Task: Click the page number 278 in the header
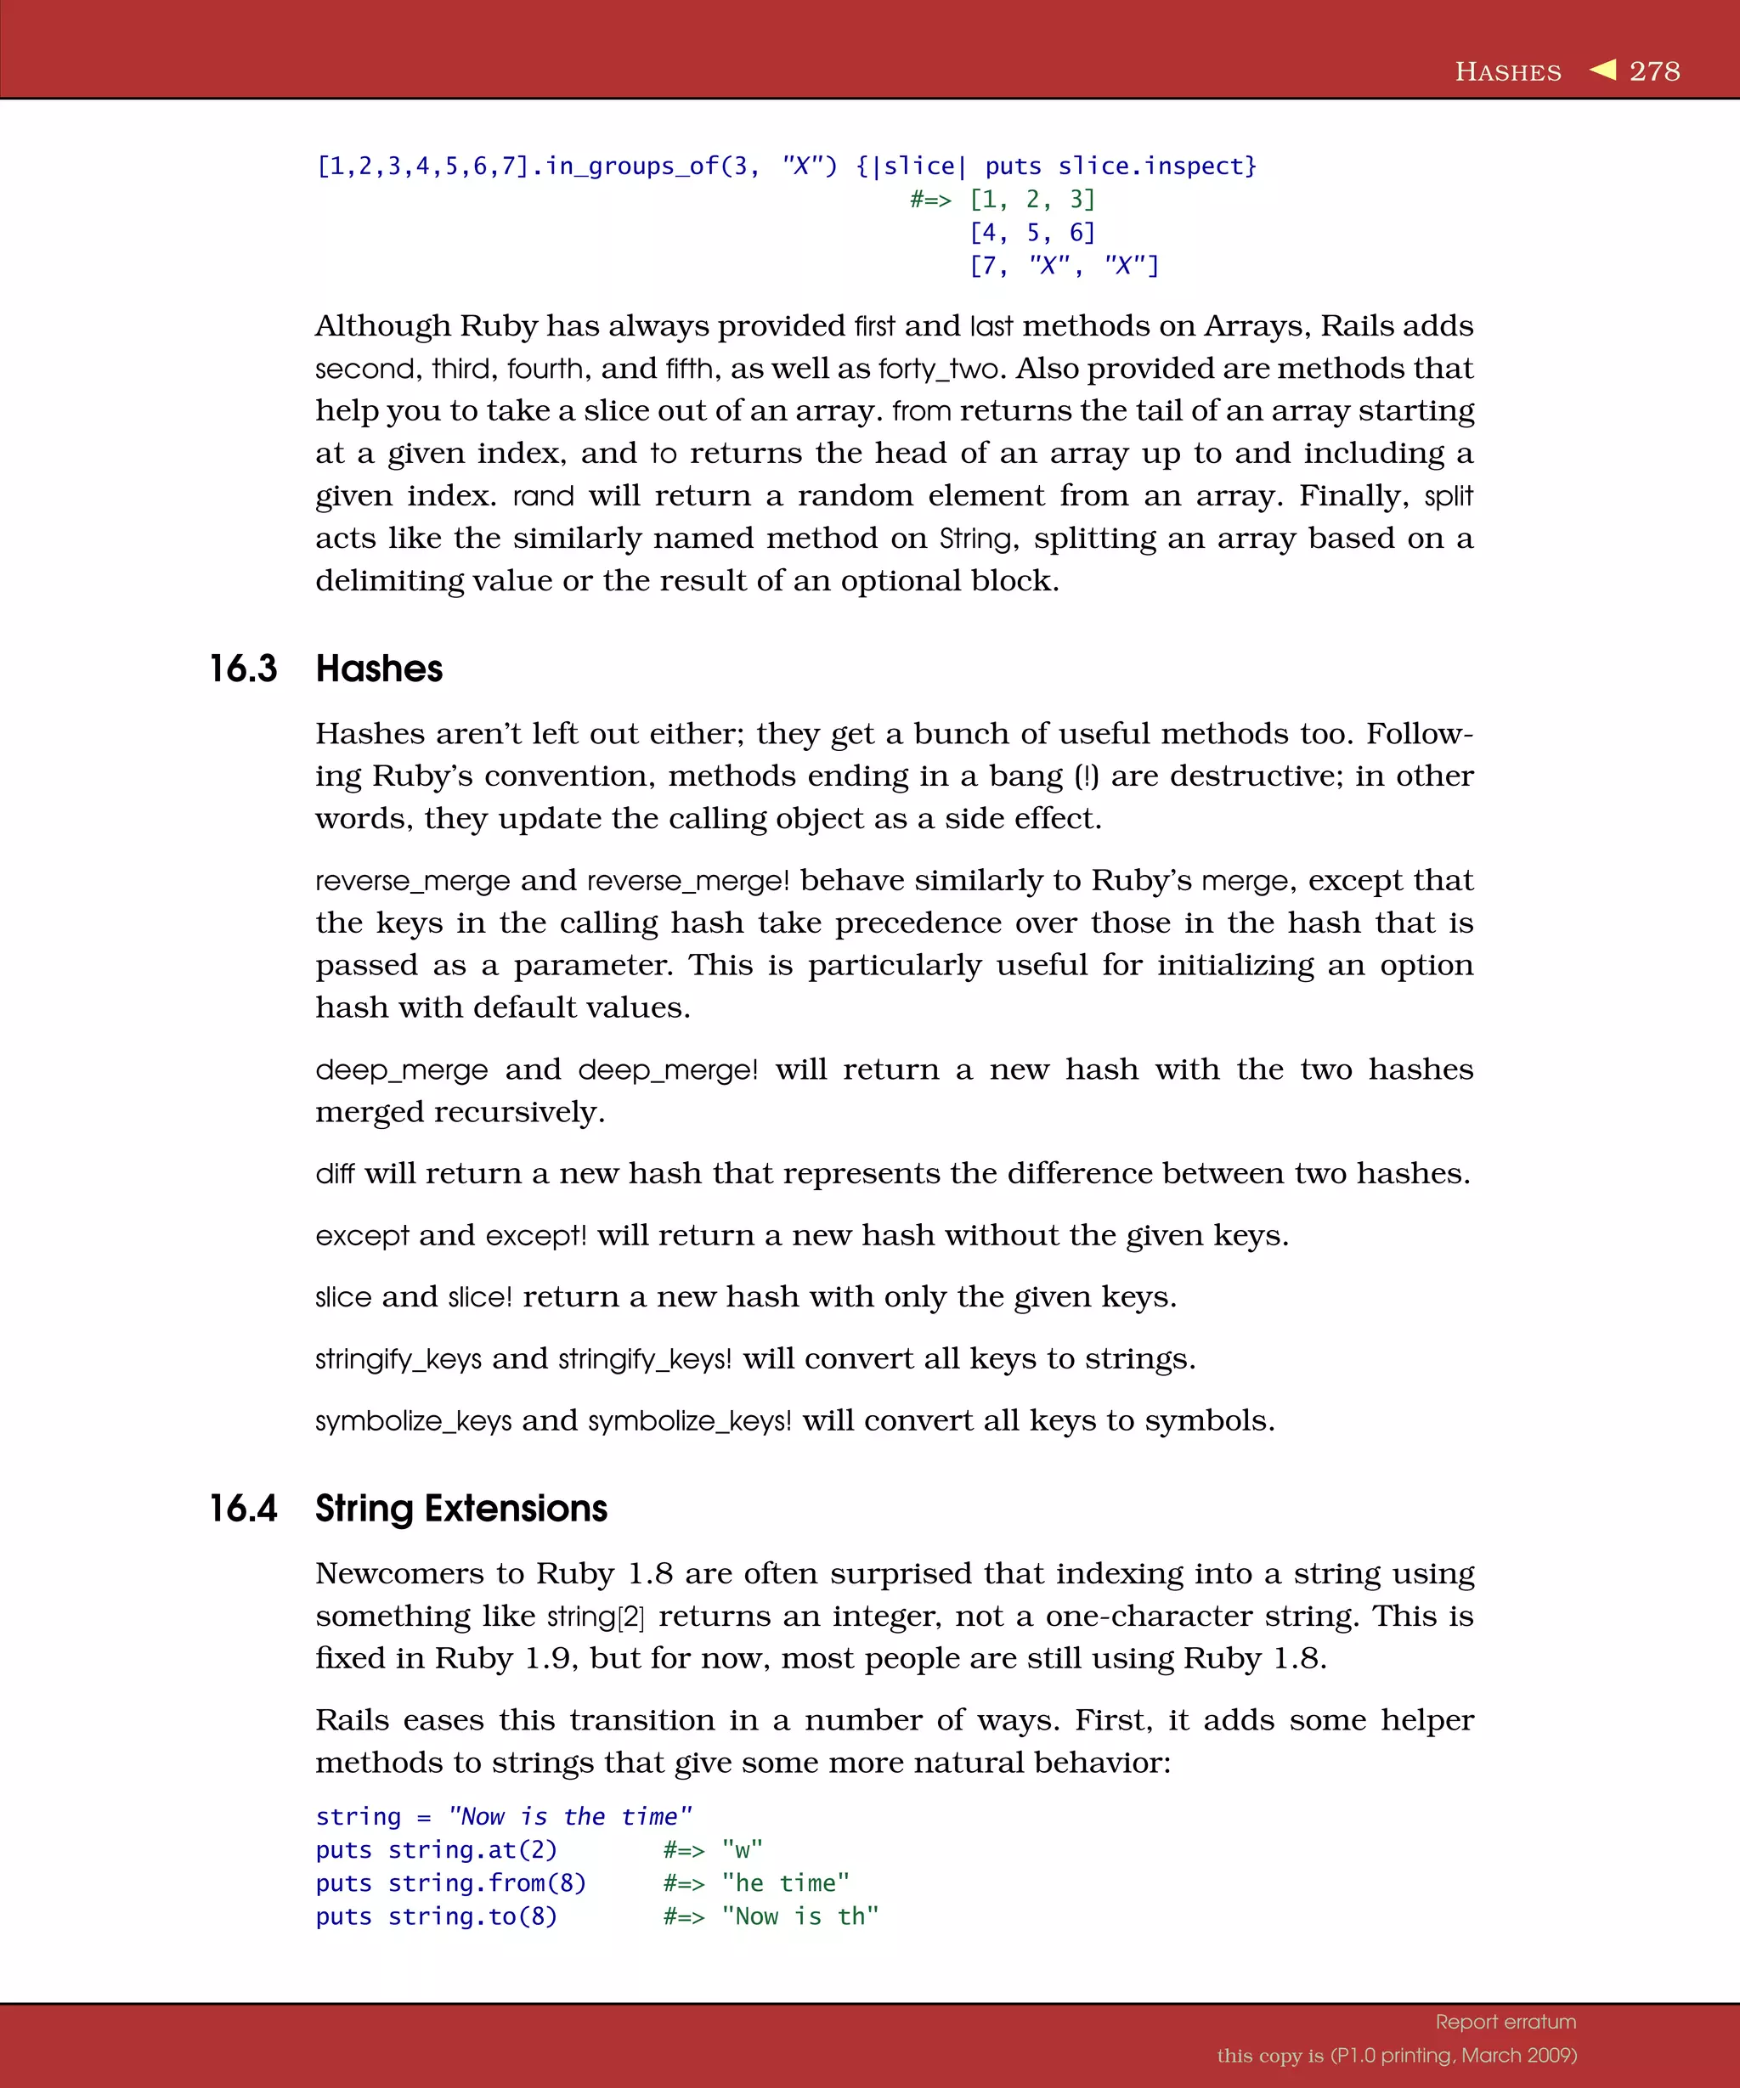(1654, 71)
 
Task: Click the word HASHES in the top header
(1507, 72)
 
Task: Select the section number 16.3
(243, 669)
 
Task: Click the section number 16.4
(243, 1509)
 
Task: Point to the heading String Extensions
(460, 1509)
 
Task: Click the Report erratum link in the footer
(1506, 2022)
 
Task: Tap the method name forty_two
(939, 369)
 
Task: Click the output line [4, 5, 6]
(1032, 233)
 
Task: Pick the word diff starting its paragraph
(334, 1174)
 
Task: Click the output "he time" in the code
(786, 1883)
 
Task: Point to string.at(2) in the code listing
(472, 1849)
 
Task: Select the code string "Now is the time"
(570, 1816)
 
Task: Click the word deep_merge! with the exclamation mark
(667, 1069)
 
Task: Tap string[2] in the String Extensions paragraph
(596, 1617)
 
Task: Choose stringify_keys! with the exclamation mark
(644, 1359)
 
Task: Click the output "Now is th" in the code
(800, 1916)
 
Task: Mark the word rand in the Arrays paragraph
(543, 496)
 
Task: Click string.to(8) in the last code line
(472, 1916)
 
